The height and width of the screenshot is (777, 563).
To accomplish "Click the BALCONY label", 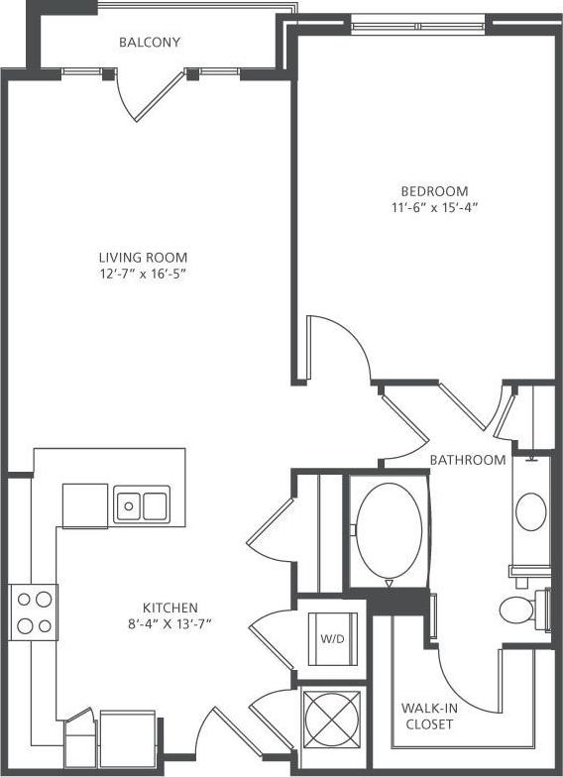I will pos(150,43).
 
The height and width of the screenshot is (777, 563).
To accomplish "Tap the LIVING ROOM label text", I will pos(150,258).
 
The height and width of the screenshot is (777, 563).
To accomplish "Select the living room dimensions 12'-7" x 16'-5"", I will pos(150,274).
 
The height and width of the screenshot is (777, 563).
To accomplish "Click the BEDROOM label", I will pos(434,191).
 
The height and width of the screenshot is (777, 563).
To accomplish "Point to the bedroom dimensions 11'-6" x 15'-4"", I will pos(434,208).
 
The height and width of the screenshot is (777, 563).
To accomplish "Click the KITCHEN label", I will pos(170,608).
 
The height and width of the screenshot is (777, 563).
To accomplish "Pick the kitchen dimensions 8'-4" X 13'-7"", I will pos(170,623).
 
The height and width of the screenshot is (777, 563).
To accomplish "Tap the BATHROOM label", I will pos(468,460).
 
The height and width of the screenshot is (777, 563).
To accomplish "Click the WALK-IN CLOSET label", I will pos(428,716).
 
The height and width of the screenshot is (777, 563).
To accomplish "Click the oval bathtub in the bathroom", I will pos(390,529).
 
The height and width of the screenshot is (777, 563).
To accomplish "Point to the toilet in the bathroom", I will pos(520,608).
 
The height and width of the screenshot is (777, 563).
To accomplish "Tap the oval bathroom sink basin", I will pos(530,512).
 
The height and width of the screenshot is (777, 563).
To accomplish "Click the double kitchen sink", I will pos(141,505).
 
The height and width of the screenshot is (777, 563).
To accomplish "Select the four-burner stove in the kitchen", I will pos(34,611).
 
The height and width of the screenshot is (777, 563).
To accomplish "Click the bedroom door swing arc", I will pos(342,347).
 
